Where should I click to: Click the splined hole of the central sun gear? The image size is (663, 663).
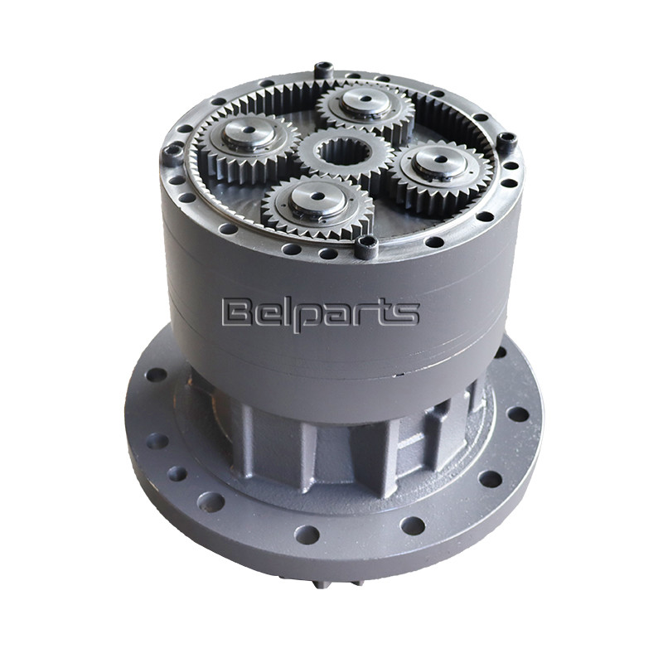click(x=345, y=153)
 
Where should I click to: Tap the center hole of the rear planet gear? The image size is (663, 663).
click(x=366, y=99)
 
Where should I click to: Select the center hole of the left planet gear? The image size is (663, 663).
click(x=249, y=130)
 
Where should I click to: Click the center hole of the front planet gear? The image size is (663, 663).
click(x=317, y=196)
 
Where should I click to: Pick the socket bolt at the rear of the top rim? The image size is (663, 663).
click(x=323, y=70)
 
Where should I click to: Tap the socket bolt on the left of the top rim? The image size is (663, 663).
click(x=172, y=154)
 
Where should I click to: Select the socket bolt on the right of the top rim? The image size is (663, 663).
click(x=507, y=142)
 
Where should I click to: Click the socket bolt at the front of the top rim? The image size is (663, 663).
click(x=366, y=246)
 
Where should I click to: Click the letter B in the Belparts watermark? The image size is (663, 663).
click(x=238, y=312)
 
